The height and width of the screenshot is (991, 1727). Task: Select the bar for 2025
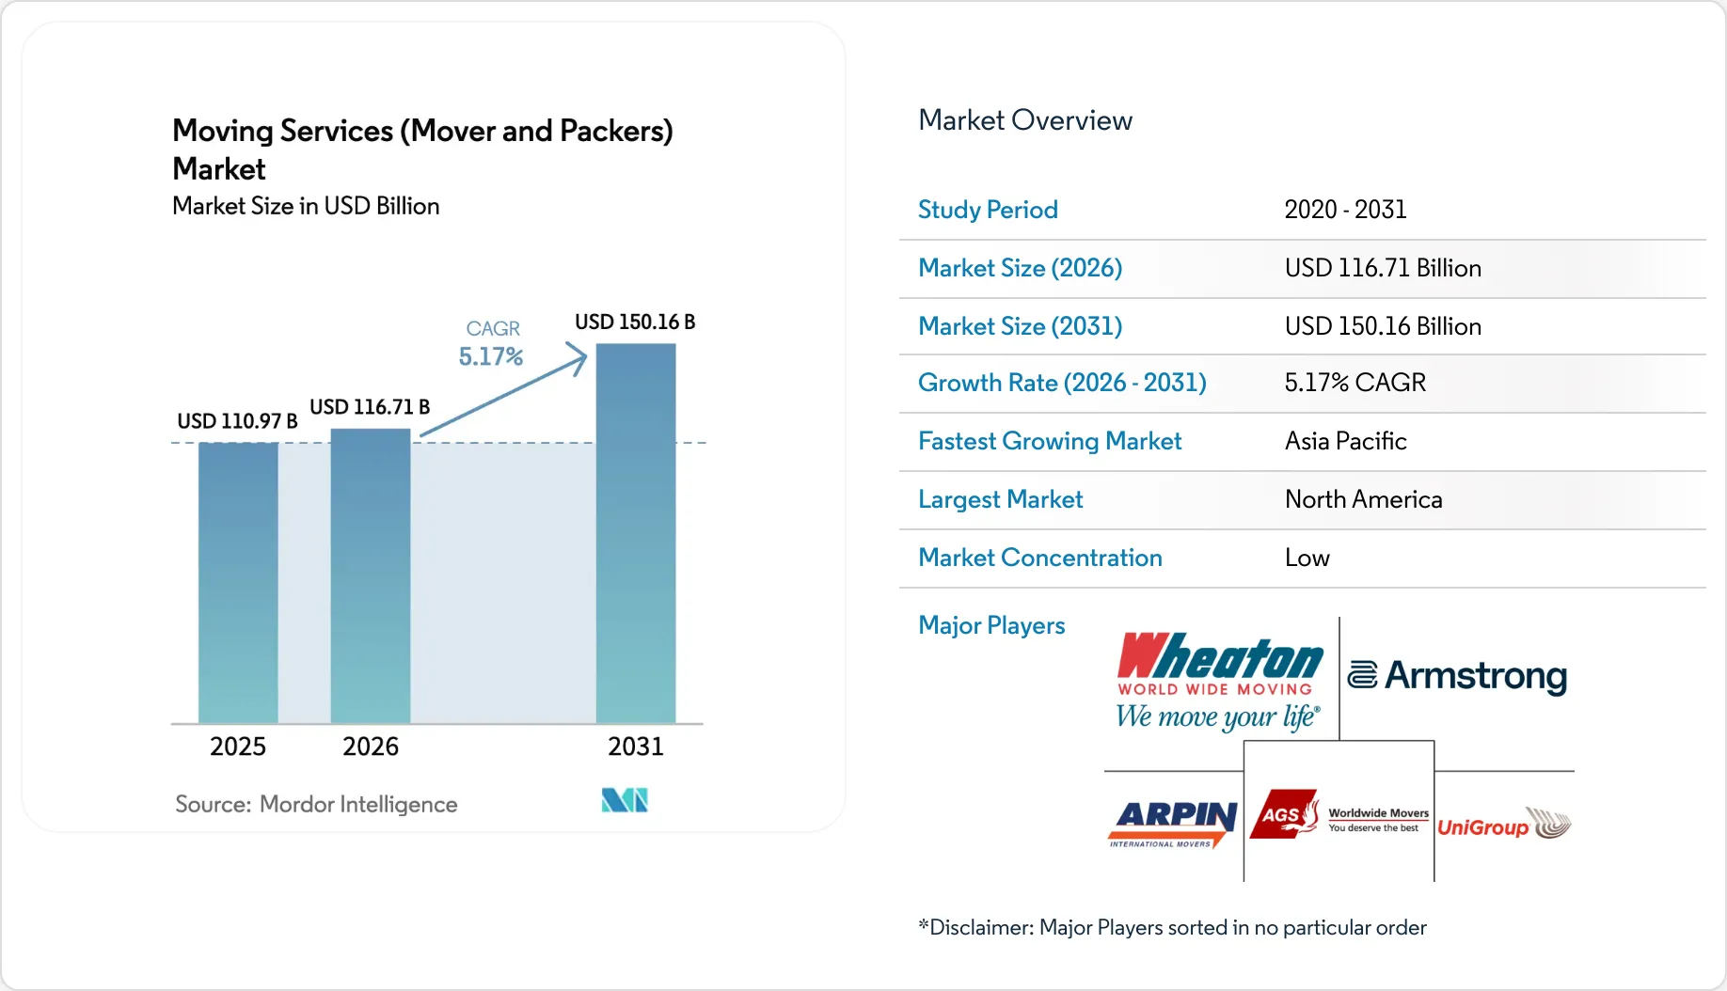click(238, 583)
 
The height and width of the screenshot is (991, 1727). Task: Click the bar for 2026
click(371, 575)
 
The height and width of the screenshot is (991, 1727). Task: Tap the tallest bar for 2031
click(636, 533)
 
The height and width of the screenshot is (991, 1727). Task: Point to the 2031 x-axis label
click(636, 747)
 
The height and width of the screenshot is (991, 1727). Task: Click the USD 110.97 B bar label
click(237, 421)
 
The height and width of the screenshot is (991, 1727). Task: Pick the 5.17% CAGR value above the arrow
click(490, 357)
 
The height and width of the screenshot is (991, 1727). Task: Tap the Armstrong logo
click(1457, 676)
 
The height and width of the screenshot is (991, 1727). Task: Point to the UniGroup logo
click(1504, 825)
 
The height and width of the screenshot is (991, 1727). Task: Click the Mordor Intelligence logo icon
click(625, 800)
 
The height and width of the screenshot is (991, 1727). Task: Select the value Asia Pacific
click(1345, 441)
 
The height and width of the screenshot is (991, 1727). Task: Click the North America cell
click(1363, 499)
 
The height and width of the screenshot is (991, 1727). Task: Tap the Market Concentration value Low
click(1307, 558)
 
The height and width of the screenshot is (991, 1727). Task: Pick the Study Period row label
click(988, 210)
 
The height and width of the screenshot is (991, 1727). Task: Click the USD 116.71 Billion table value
click(1383, 268)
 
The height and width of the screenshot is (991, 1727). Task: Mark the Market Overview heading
click(1025, 120)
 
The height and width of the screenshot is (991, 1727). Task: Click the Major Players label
click(991, 625)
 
